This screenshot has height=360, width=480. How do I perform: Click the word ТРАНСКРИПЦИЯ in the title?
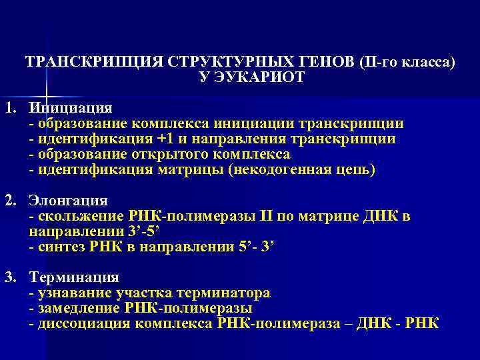92,62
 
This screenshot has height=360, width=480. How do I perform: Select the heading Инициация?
71,108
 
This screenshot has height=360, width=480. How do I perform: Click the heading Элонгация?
68,201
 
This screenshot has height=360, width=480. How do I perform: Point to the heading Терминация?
74,277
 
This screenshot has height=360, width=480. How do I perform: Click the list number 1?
9,108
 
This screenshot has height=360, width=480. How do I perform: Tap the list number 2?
9,201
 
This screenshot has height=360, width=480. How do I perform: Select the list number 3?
9,277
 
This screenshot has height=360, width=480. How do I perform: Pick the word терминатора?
230,293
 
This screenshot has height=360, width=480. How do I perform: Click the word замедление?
79,308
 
